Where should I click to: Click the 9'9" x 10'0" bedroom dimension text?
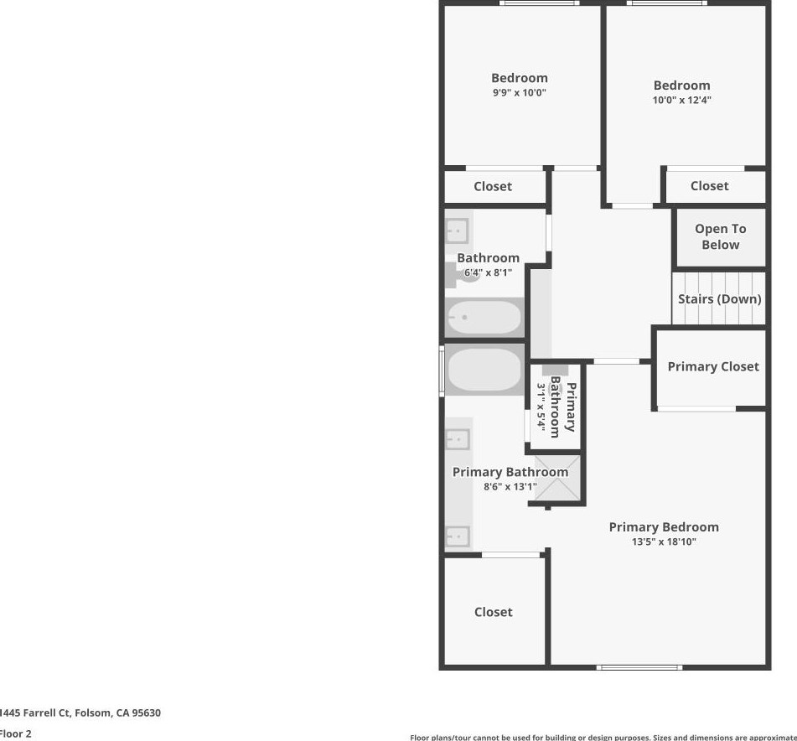519,92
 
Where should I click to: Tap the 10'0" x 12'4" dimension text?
681,100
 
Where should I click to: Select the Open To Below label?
720,237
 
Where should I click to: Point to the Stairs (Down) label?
719,299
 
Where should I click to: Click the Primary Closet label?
713,366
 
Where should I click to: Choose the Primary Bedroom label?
664,527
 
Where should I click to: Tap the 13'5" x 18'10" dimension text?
664,541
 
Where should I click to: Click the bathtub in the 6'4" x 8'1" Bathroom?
484,318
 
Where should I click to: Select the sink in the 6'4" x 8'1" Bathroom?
457,231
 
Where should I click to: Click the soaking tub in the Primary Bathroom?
484,370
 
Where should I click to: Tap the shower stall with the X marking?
556,478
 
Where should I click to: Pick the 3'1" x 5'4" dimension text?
541,408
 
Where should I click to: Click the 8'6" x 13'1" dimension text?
510,487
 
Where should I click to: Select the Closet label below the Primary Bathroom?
493,612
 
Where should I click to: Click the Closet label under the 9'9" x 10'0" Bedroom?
493,186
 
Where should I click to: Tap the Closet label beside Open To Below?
709,185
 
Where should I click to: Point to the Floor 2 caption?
15,733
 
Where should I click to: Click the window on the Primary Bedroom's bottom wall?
639,667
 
